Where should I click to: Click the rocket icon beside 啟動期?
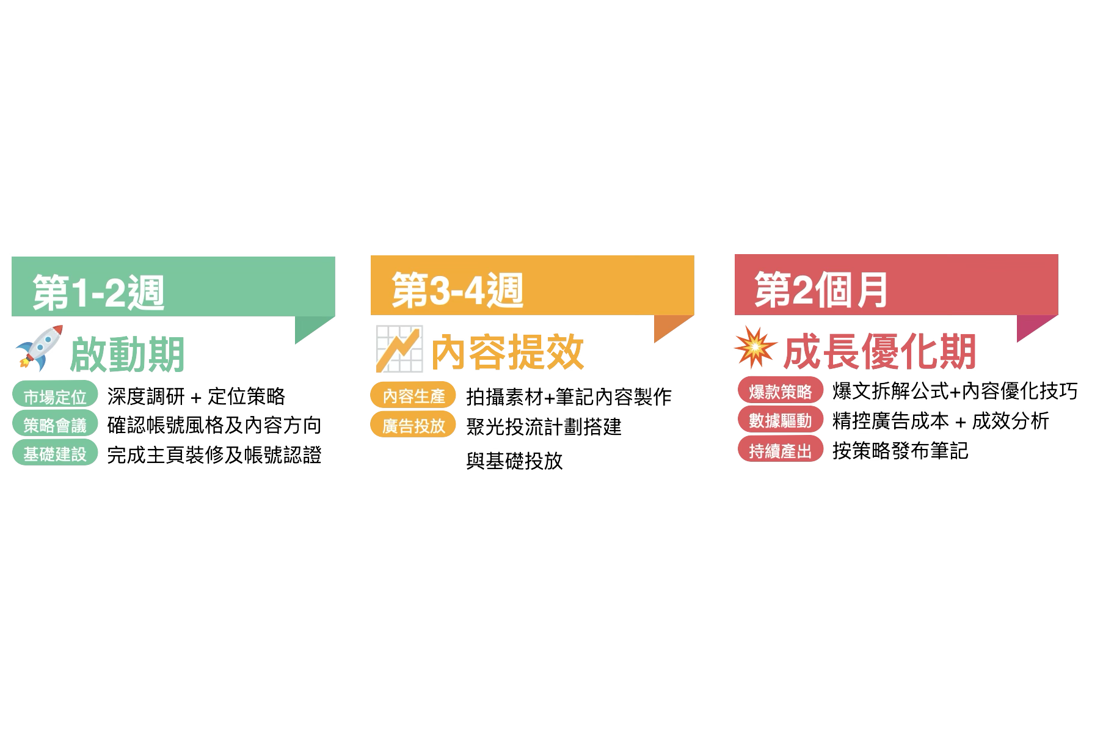[40, 349]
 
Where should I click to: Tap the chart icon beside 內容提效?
[399, 349]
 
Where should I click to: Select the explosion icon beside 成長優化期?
[755, 347]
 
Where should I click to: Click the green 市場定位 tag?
[55, 396]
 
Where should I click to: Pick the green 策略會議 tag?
[55, 425]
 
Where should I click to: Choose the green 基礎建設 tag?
[55, 453]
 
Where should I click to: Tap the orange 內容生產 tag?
[413, 396]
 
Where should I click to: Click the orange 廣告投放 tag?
[413, 425]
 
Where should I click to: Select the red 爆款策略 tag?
[780, 391]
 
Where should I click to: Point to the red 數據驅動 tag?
[780, 420]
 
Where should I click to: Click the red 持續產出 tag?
[780, 450]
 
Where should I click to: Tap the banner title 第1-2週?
[98, 292]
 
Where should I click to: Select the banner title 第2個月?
[821, 290]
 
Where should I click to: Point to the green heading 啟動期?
[127, 354]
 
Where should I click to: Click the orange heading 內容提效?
[508, 352]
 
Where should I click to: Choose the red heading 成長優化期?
[879, 351]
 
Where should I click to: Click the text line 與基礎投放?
[514, 461]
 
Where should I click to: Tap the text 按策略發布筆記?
[900, 451]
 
